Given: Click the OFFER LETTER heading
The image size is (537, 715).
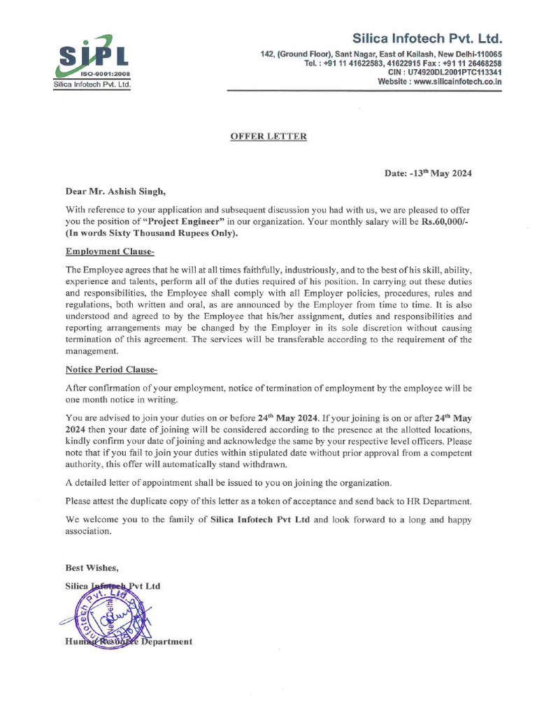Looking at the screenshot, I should click(x=268, y=137).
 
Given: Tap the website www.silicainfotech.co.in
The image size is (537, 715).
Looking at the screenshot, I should click(x=457, y=82).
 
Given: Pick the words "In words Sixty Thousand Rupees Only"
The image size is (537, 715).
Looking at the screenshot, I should click(x=152, y=233).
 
